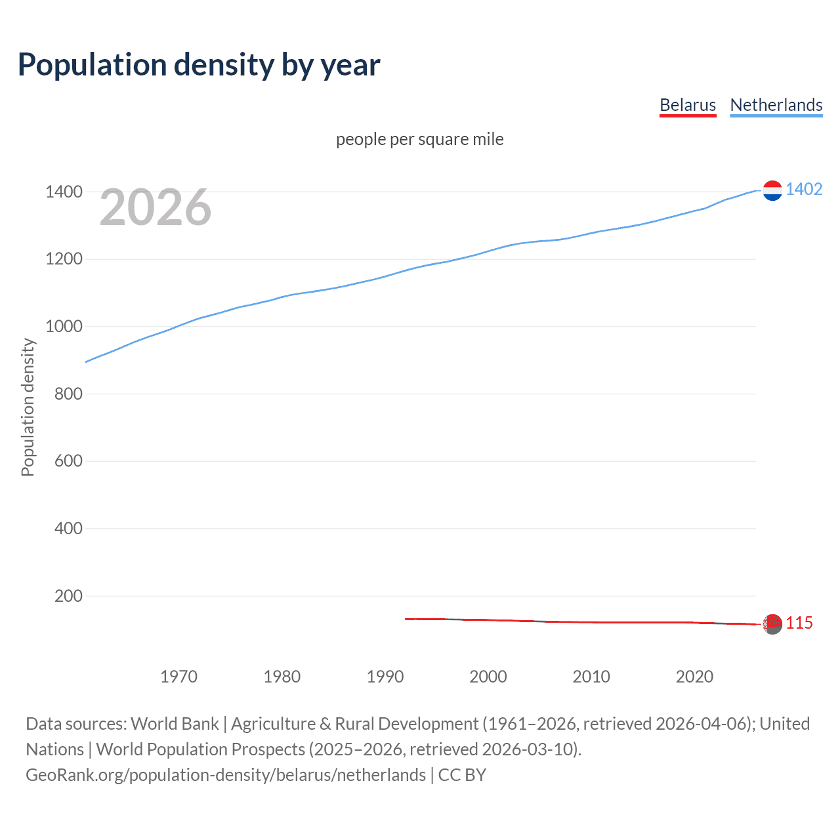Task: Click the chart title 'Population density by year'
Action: click(x=199, y=65)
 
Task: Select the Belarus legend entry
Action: click(x=687, y=105)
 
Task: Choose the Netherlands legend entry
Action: click(x=776, y=105)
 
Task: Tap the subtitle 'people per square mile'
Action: click(x=419, y=139)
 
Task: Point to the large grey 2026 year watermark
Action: click(x=156, y=207)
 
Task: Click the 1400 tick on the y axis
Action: click(x=64, y=192)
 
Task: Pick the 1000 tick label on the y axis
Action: click(x=64, y=326)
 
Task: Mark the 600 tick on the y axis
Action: click(x=68, y=461)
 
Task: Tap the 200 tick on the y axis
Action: click(x=68, y=596)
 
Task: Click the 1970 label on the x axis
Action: click(x=178, y=677)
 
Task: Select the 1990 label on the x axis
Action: click(x=385, y=677)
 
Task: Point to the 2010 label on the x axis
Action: click(x=591, y=677)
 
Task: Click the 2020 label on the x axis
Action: click(x=694, y=677)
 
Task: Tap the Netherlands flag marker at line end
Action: click(x=772, y=190)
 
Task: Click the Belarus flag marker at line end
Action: click(x=772, y=623)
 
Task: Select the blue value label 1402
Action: click(x=804, y=189)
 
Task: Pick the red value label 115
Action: click(x=799, y=623)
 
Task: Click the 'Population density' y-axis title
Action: click(x=28, y=407)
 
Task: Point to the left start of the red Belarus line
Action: click(x=406, y=619)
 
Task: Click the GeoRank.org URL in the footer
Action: click(x=226, y=775)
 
